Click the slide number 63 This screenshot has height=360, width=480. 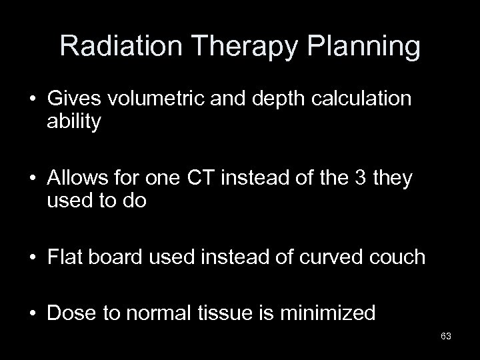coord(446,337)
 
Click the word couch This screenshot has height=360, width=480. coord(397,256)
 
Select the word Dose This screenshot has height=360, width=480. coord(71,312)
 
